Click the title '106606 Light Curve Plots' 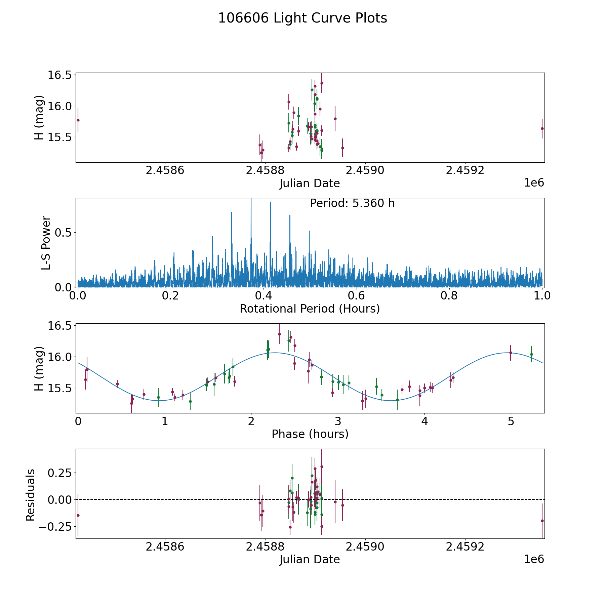[x=302, y=18]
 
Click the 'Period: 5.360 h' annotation [x=352, y=203]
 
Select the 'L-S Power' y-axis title [x=46, y=243]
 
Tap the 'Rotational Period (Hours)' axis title [x=310, y=309]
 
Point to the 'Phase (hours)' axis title [x=310, y=434]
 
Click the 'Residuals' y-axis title [x=31, y=495]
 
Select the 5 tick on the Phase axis [x=511, y=421]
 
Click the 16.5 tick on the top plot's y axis [x=59, y=75]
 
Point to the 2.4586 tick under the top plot [x=165, y=170]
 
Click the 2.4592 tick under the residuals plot [x=465, y=547]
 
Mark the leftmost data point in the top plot [x=78, y=120]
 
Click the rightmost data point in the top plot [x=542, y=128]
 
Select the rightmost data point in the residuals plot [x=542, y=521]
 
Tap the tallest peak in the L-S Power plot [x=251, y=200]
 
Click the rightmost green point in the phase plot [x=531, y=354]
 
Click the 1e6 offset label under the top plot [x=534, y=183]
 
